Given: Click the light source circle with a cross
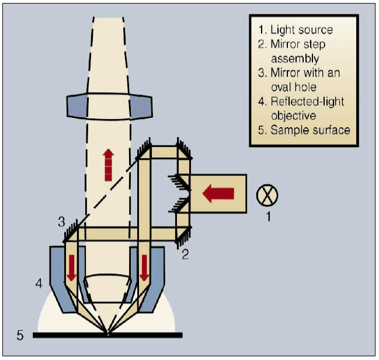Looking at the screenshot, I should coord(267,194).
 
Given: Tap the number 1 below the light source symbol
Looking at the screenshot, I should coord(268,217).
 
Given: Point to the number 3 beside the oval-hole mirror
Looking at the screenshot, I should coord(61,222).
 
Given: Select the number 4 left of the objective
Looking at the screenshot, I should coord(39,284).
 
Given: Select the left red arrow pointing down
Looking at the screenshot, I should coord(71,266).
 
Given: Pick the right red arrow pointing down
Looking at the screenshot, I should coord(144,266).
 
